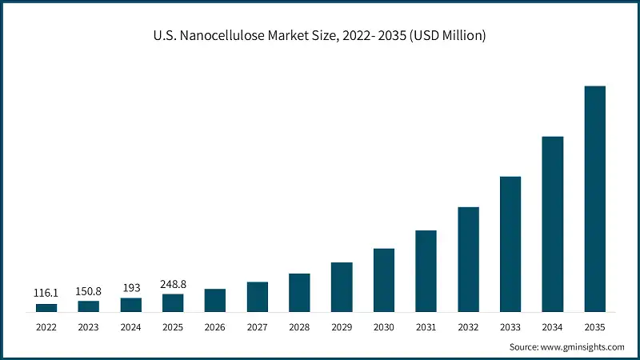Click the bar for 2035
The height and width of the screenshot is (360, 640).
point(594,198)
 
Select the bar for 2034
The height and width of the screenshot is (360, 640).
point(553,224)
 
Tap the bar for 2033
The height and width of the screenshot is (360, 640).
point(510,244)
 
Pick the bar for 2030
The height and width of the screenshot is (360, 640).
point(384,280)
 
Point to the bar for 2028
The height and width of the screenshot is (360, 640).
point(299,293)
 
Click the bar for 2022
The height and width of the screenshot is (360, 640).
point(46,307)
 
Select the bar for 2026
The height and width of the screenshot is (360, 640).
point(215,300)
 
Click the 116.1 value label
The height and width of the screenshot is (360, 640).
point(46,294)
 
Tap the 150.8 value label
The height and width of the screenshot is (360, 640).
point(89,290)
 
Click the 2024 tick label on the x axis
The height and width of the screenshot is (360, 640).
point(130,327)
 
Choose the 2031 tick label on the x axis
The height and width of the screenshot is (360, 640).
point(426,327)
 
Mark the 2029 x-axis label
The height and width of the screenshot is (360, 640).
point(342,327)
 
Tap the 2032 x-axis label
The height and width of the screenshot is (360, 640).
point(468,327)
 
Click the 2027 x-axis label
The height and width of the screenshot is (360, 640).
point(257,327)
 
